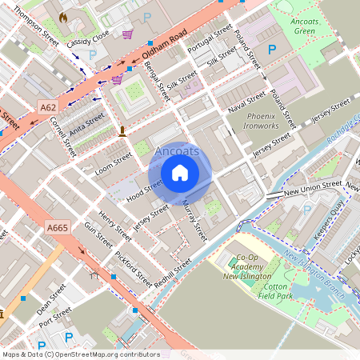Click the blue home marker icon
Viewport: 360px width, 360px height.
click(180, 173)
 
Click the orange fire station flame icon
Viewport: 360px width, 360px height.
click(63, 16)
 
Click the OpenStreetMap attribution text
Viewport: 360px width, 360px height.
click(80, 354)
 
